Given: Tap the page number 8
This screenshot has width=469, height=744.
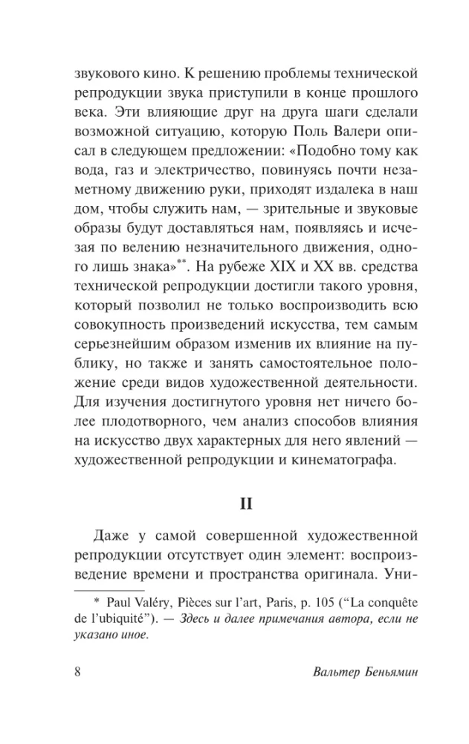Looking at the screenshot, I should click(x=77, y=694).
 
